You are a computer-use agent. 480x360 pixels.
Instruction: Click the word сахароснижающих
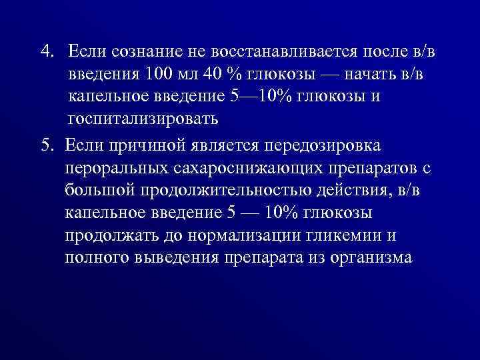tap(249, 168)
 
